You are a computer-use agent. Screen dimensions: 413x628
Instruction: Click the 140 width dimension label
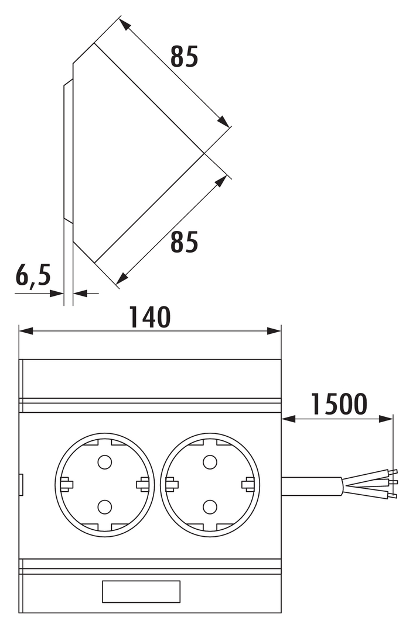(150, 317)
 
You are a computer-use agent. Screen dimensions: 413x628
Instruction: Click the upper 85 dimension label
(184, 57)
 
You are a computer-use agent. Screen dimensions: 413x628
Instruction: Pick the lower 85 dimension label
(184, 242)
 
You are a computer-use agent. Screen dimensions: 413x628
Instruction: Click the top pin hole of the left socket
(104, 462)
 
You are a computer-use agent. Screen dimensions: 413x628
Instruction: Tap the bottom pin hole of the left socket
(104, 507)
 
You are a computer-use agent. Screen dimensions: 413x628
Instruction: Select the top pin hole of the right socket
(210, 462)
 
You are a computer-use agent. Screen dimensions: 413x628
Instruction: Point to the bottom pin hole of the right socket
(210, 507)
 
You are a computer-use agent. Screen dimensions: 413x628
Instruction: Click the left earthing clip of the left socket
(66, 485)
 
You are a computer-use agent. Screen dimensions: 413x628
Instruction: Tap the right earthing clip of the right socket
(248, 485)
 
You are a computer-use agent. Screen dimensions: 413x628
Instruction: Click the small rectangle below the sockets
(141, 592)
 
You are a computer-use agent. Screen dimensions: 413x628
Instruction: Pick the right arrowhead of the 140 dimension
(274, 331)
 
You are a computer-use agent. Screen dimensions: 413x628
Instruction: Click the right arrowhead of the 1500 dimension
(386, 419)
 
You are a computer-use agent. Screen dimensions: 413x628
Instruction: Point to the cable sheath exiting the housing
(312, 486)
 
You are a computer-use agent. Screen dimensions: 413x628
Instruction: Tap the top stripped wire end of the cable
(392, 472)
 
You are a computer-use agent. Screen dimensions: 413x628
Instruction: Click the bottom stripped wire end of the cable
(392, 496)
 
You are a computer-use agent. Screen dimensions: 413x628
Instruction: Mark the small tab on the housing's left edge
(21, 485)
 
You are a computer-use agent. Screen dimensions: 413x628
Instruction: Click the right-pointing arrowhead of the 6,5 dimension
(56, 294)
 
